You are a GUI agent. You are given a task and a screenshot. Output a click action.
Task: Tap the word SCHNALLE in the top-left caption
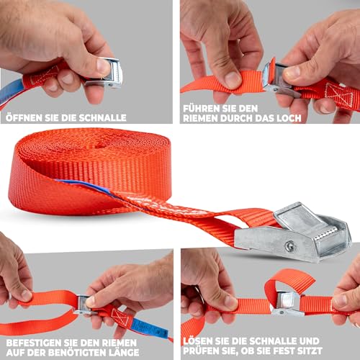pos(102,118)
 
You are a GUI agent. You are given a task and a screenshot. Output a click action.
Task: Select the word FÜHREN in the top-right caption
pos(201,109)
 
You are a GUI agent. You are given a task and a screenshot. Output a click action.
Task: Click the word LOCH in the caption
pos(289,118)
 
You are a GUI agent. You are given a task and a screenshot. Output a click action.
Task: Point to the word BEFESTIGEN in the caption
pos(33,343)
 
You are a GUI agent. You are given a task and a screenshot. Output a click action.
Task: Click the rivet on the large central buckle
pos(289,246)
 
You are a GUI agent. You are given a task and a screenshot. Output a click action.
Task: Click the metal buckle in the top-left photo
pos(106,73)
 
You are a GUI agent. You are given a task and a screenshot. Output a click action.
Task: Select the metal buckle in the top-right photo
pos(279,79)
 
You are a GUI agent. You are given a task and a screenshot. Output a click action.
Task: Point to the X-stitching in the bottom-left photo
pos(120,317)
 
